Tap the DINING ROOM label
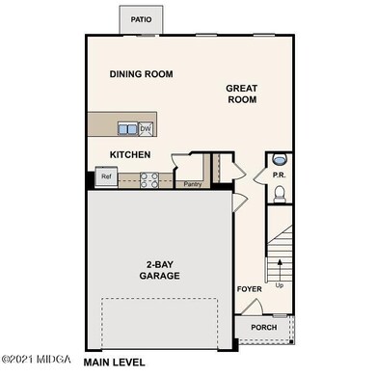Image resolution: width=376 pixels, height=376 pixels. (x=140, y=73)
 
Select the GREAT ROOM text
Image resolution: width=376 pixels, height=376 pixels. (x=241, y=94)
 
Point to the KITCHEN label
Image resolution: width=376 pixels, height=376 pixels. (x=129, y=154)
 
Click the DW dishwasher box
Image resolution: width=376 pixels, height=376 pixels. (x=146, y=128)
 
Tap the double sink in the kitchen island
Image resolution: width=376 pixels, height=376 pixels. (x=126, y=128)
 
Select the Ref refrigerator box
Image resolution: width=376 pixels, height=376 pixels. (x=105, y=177)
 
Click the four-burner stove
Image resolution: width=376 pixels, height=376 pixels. (x=149, y=177)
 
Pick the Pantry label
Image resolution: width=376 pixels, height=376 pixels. (x=192, y=182)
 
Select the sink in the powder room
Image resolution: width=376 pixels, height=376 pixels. (x=279, y=159)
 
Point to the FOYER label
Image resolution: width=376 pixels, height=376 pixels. (x=249, y=288)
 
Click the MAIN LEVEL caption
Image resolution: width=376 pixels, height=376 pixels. (x=115, y=363)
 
